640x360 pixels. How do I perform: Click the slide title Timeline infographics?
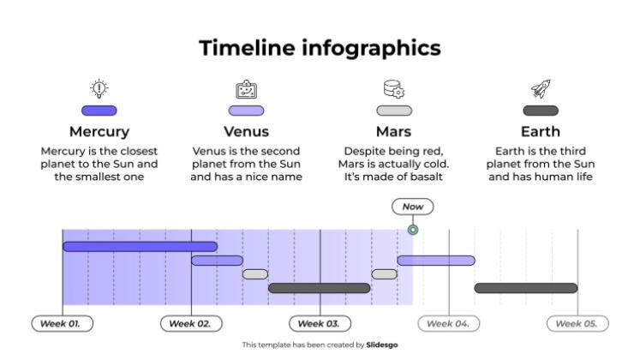tap(320, 48)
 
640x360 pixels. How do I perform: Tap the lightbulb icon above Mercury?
tap(99, 88)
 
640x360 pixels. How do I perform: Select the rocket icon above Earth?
tap(541, 88)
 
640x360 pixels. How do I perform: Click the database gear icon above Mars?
tap(394, 88)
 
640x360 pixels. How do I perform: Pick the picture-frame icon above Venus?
tap(246, 88)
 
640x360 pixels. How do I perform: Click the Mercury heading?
tap(99, 132)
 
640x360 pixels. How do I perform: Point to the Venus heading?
tap(246, 132)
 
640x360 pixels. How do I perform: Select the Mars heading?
tap(394, 132)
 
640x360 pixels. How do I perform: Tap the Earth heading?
tap(541, 132)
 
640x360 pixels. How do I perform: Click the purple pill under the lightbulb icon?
tap(99, 111)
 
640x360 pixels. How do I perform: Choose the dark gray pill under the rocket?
tap(541, 111)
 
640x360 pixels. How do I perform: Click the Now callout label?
tap(413, 207)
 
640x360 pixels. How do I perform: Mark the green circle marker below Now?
tap(413, 230)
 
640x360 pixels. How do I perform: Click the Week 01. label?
tap(63, 323)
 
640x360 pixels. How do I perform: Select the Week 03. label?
tap(320, 323)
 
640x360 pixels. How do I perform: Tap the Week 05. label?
tap(577, 323)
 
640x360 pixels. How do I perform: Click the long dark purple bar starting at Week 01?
tap(140, 247)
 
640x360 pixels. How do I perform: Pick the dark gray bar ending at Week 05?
tap(526, 288)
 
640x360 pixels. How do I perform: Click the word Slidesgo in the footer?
tap(382, 345)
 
